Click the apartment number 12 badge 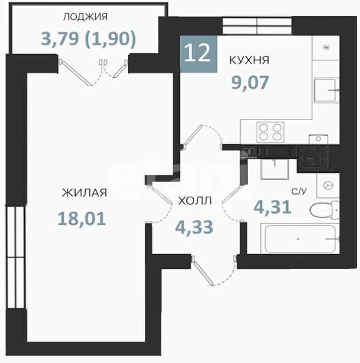coord(198,54)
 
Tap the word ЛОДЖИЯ coord(85,17)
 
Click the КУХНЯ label coord(249,61)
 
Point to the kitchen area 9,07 coord(250,83)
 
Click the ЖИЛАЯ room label coord(84,193)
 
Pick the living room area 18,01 coord(82,219)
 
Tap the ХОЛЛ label coord(195,201)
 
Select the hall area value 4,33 coord(194,227)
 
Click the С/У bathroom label coord(299,192)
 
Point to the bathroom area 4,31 coord(273,207)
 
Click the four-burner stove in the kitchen coord(270,132)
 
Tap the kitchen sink coord(325,90)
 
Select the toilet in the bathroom coord(324,209)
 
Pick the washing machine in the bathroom coord(328,185)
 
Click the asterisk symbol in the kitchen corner coord(326,48)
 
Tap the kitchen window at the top coord(257,26)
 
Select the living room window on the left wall coord(15,257)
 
